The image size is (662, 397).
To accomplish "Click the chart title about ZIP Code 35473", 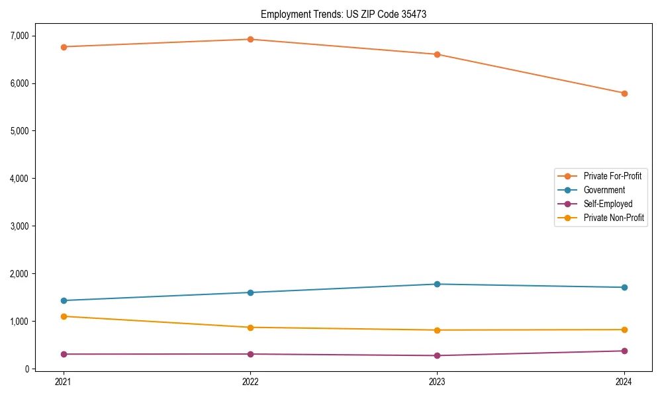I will click(343, 14).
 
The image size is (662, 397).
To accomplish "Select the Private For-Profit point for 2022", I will click(250, 39).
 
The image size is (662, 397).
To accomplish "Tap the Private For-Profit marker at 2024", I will click(624, 93).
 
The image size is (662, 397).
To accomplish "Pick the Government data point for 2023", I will click(437, 284).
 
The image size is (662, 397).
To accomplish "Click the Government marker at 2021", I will click(64, 300).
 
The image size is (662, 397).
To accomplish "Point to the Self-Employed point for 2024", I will click(624, 351).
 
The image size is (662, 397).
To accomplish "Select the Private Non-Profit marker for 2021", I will click(64, 316).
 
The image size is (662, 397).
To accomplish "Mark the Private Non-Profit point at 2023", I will click(437, 330).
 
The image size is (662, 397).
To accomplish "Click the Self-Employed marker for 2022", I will click(250, 354).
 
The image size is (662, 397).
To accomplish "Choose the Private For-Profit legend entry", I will click(612, 176).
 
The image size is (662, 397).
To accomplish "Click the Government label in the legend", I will click(604, 190).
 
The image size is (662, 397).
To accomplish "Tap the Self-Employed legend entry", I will click(608, 204).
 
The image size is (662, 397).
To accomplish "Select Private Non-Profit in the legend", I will click(614, 218).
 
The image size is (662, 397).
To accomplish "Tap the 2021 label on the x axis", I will click(64, 382).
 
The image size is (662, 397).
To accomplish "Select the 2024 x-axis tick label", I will click(624, 382).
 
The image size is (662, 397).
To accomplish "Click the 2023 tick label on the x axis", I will click(437, 382).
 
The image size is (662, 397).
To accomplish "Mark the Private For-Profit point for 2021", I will click(64, 47).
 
